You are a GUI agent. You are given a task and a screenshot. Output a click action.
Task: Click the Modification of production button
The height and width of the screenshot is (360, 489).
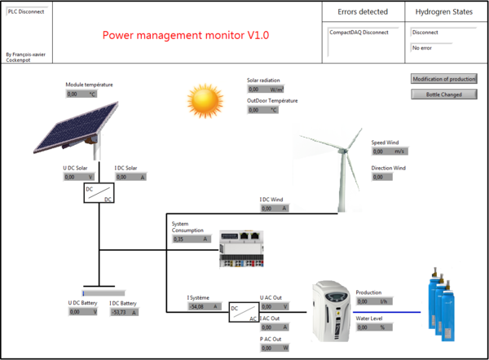pyautogui.click(x=444, y=79)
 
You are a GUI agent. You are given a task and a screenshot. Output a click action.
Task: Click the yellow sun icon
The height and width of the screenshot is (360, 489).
pyautogui.click(x=204, y=99)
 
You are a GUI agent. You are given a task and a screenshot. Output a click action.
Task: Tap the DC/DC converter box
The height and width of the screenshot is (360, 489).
pyautogui.click(x=99, y=192)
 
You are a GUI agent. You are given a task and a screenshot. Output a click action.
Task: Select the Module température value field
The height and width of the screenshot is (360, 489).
pyautogui.click(x=81, y=94)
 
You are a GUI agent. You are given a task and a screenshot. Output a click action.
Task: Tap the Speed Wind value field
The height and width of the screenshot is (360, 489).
pyautogui.click(x=389, y=151)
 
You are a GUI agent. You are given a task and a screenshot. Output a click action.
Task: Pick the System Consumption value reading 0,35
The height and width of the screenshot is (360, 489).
pyautogui.click(x=191, y=239)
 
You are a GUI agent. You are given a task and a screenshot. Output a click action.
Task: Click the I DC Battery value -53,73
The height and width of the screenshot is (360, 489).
pyautogui.click(x=124, y=312)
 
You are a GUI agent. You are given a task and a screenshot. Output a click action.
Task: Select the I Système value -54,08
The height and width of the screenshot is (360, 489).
pyautogui.click(x=204, y=307)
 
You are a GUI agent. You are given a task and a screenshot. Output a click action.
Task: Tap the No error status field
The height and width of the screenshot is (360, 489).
pyautogui.click(x=443, y=48)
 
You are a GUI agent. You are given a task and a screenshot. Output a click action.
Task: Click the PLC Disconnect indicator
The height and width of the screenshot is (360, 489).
pyautogui.click(x=26, y=13)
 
